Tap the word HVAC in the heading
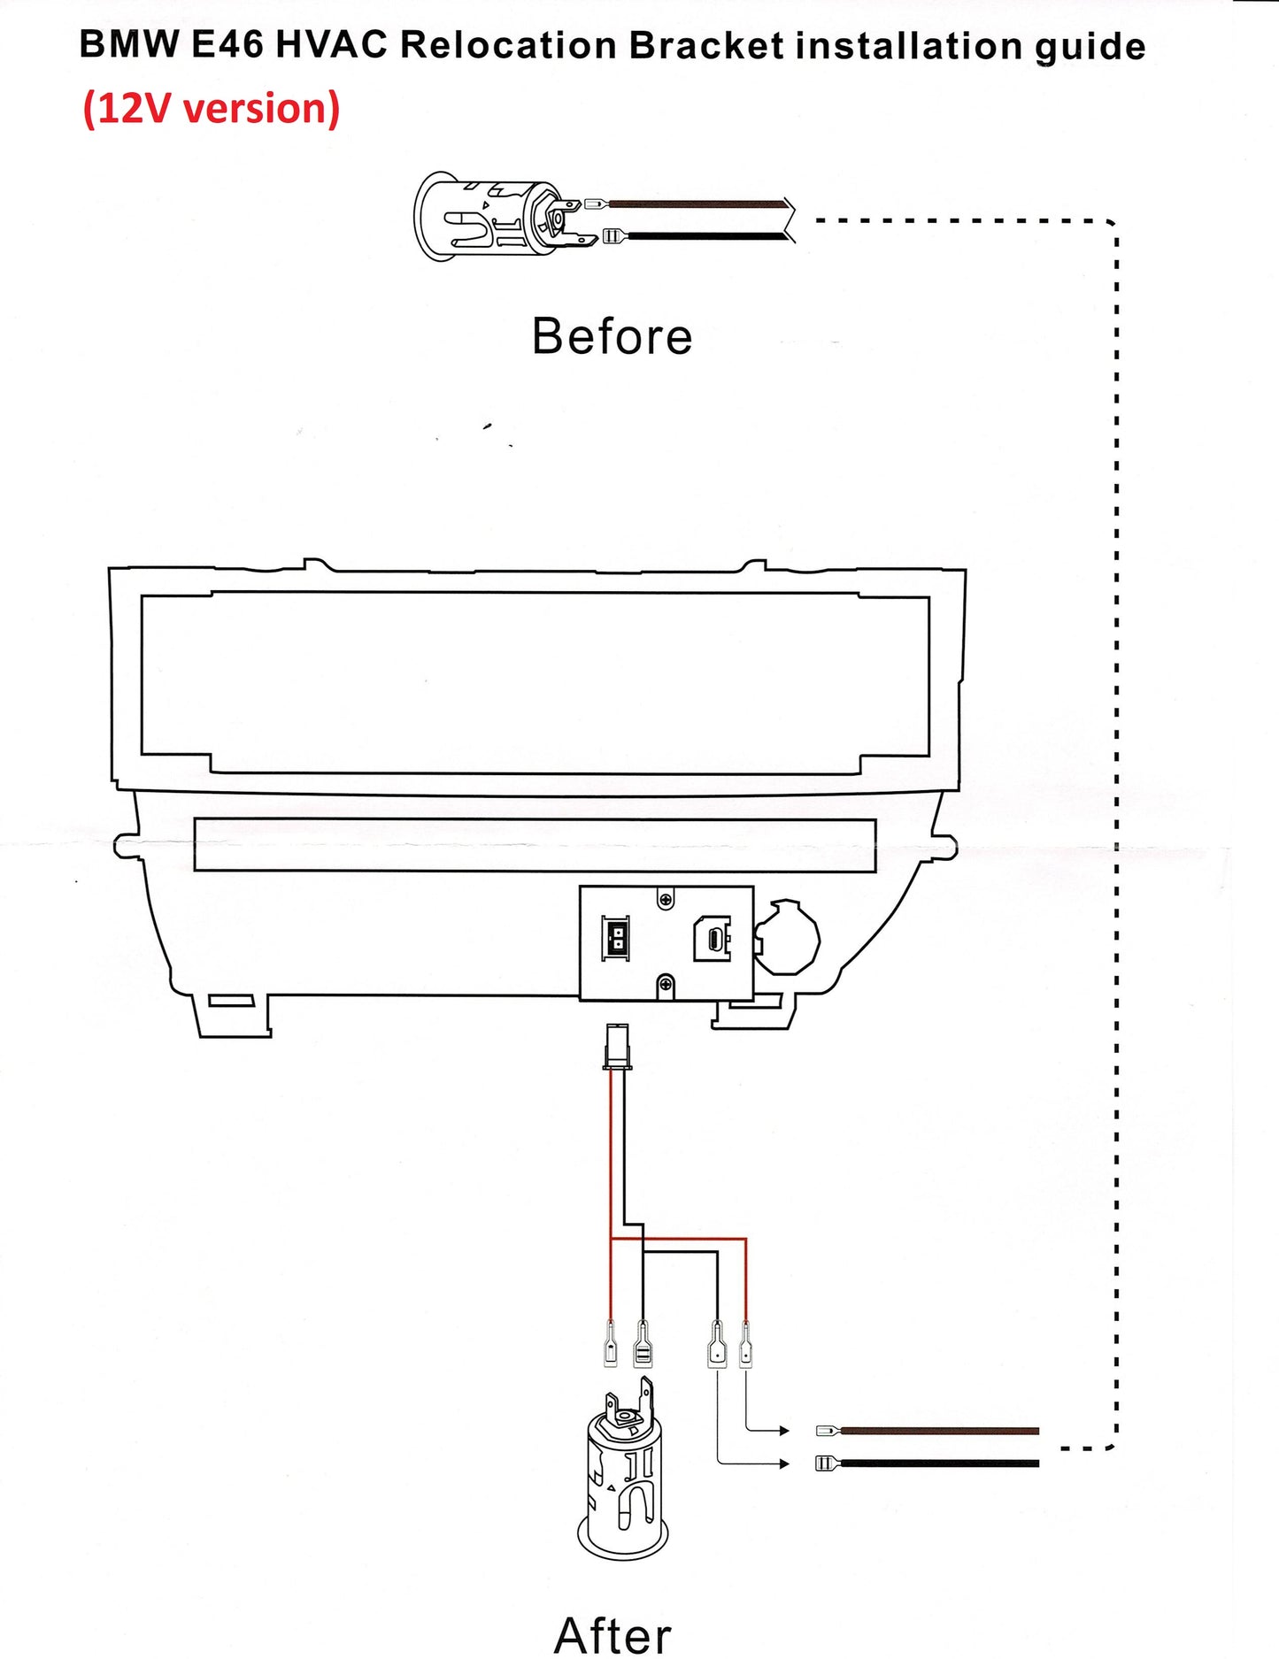331,44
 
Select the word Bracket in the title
706,45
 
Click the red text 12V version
212,109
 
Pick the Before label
612,336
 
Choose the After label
613,1633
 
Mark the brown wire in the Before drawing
699,204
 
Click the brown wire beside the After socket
938,1430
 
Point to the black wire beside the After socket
938,1463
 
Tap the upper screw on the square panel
666,900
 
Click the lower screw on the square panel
666,984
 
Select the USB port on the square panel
712,939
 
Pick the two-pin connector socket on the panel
616,940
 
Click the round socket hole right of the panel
786,938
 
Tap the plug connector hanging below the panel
616,1045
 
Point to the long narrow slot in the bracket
535,845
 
